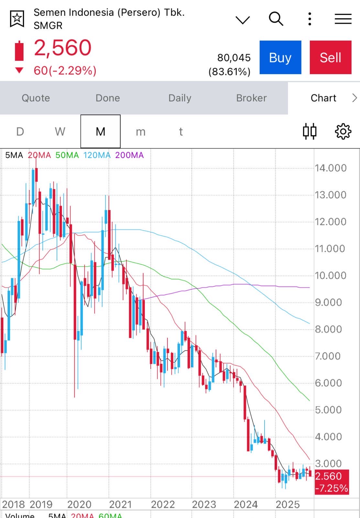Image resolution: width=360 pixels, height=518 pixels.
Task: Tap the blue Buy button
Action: (280, 58)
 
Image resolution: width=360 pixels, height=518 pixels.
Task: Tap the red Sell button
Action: (330, 58)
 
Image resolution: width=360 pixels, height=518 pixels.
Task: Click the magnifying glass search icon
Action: (276, 19)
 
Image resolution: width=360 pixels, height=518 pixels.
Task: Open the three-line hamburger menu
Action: (343, 19)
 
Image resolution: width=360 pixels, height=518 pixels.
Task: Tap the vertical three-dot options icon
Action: (310, 19)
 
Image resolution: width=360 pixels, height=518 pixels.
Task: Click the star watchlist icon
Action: (17, 19)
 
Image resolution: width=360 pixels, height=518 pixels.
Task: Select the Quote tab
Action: (36, 98)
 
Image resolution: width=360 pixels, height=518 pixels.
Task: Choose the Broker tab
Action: (251, 98)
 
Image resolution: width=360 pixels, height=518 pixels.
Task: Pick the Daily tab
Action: (180, 98)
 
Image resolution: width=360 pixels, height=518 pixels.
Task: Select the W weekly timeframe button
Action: (60, 132)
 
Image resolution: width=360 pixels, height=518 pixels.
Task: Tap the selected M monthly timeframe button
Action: (100, 132)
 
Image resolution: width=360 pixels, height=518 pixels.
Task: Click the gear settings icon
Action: (343, 131)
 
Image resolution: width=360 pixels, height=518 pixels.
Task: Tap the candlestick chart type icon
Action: (310, 131)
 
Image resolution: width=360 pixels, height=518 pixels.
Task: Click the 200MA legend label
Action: (129, 155)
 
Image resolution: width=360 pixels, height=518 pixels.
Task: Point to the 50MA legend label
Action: (67, 155)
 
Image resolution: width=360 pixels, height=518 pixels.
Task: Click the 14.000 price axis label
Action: (331, 168)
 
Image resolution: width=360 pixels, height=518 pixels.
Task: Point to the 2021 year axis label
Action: (121, 504)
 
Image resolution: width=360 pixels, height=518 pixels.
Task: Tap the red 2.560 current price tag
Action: (332, 482)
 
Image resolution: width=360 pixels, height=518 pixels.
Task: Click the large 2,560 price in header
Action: (63, 48)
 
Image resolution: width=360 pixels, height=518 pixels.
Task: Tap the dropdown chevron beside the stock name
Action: (243, 20)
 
